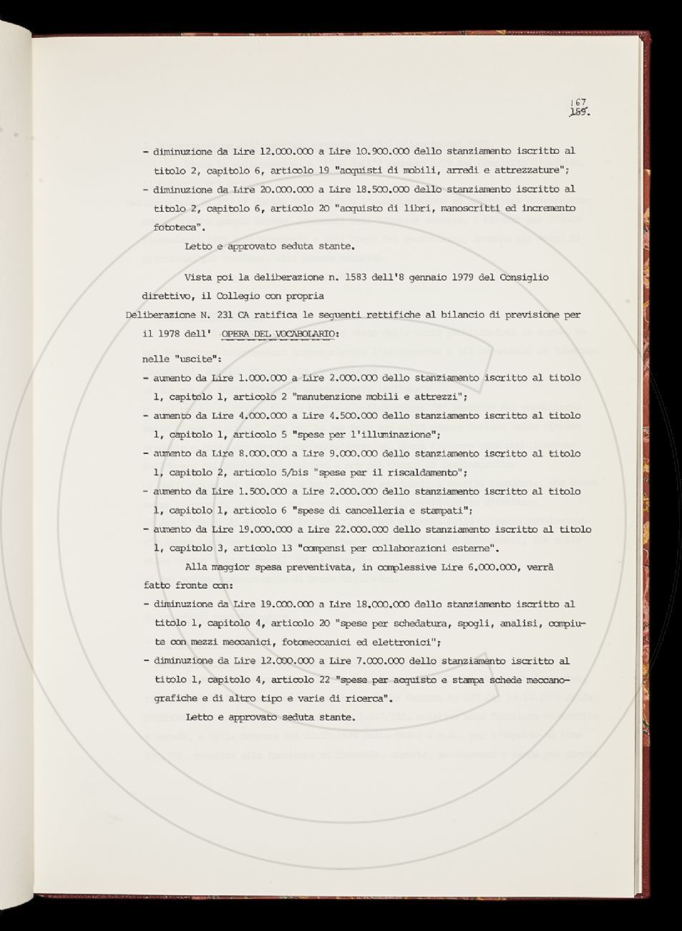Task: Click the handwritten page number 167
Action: click(x=578, y=102)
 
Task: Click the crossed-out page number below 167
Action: click(x=578, y=112)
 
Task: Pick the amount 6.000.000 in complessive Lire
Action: click(x=494, y=567)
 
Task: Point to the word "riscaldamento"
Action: click(x=427, y=473)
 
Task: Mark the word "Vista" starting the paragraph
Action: click(x=198, y=277)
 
